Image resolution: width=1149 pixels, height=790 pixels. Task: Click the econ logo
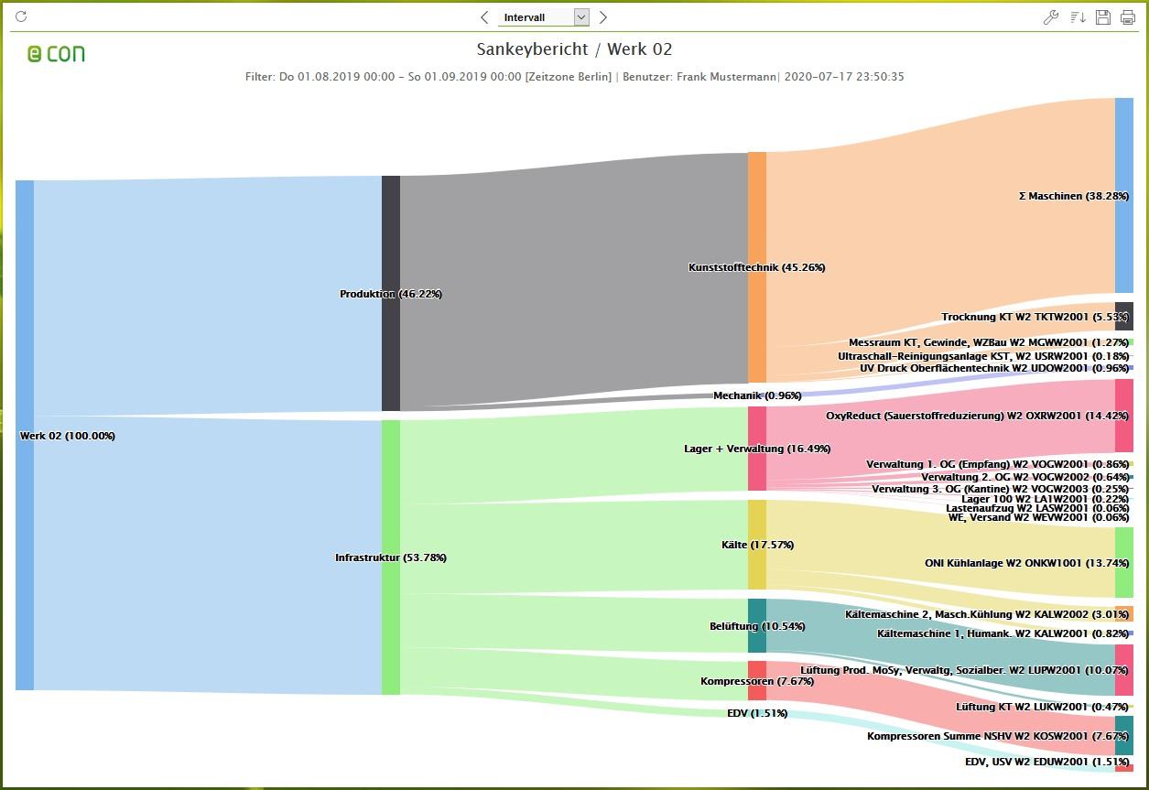coord(56,54)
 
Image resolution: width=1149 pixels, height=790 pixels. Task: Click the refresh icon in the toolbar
coord(21,16)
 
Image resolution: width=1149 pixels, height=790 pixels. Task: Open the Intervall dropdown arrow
coord(581,17)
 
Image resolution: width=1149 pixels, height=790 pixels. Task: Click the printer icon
coord(1127,17)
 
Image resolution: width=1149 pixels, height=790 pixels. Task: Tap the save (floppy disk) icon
coord(1102,17)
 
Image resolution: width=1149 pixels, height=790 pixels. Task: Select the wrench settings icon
coord(1051,17)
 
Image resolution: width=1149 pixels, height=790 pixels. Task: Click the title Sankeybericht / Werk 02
coord(574,49)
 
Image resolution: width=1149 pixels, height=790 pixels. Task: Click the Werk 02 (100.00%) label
coord(68,436)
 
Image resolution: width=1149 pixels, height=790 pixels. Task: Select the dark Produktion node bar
coord(391,293)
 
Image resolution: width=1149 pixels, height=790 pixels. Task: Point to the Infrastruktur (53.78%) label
coord(391,557)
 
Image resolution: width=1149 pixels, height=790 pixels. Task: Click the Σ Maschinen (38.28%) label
coord(1073,196)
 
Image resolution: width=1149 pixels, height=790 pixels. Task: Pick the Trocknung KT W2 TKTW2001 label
coord(1035,317)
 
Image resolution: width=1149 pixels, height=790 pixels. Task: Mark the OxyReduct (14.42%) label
coord(978,416)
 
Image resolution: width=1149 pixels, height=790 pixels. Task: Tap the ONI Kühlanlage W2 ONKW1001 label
coord(1026,563)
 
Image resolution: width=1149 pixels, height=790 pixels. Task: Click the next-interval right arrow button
coord(603,17)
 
